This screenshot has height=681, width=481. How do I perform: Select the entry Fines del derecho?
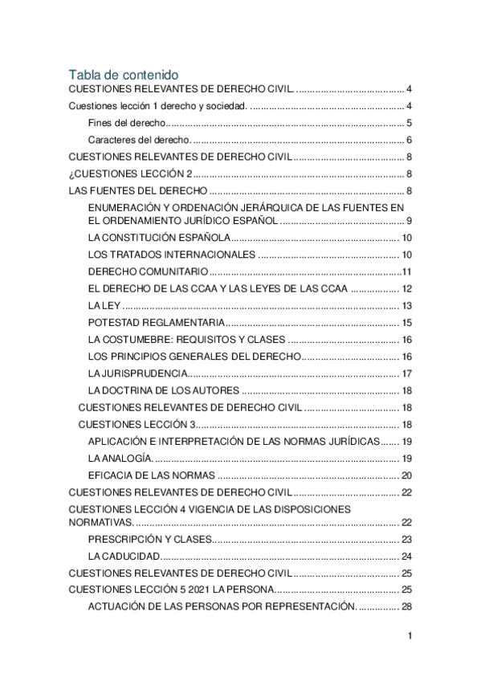pos(125,123)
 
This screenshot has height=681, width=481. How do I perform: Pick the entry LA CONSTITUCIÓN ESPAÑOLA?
pos(159,238)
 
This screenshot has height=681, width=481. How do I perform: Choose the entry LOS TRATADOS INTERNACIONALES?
pos(171,255)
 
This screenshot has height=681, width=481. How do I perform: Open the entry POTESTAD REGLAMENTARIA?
pos(156,322)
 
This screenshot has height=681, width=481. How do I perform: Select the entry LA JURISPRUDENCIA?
pos(138,373)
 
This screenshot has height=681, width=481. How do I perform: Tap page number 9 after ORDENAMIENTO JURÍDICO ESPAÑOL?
pos(409,221)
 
